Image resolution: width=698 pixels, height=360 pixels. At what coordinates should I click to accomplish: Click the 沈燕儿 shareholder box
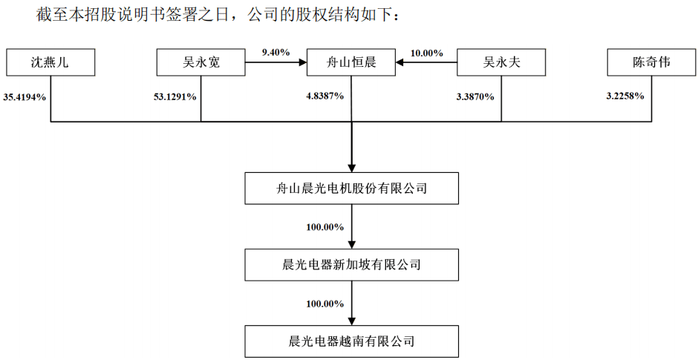click(x=50, y=63)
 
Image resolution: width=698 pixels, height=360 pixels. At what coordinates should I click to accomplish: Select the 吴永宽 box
click(x=201, y=63)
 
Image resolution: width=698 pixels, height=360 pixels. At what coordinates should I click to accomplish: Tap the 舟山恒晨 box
click(x=351, y=63)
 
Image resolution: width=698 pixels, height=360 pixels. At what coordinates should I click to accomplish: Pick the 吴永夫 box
click(x=501, y=63)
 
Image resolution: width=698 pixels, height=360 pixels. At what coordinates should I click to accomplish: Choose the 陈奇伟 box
click(x=651, y=63)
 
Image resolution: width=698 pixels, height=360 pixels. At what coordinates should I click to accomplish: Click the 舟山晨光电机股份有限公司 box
click(x=351, y=189)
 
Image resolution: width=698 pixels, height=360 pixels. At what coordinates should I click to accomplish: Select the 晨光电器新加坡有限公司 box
click(x=351, y=265)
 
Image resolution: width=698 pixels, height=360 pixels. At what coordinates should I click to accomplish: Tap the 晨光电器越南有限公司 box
click(x=351, y=341)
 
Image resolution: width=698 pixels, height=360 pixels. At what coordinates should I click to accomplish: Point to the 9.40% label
click(x=275, y=52)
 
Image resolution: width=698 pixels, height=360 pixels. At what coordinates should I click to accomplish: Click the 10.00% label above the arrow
click(x=426, y=53)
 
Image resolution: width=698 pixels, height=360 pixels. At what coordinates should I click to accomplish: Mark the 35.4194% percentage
click(x=25, y=96)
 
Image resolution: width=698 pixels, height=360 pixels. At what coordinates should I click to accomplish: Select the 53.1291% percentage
click(x=175, y=96)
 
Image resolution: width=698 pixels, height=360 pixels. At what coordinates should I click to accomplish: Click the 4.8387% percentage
click(x=325, y=96)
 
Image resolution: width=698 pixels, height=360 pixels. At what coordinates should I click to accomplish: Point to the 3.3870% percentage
click(x=475, y=96)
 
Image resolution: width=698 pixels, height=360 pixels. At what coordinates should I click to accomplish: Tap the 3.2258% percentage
click(x=625, y=96)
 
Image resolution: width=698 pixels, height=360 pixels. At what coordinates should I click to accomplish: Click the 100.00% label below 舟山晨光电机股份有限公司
click(x=324, y=227)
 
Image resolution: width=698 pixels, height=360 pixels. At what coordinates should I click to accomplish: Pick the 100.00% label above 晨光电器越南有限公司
click(x=324, y=304)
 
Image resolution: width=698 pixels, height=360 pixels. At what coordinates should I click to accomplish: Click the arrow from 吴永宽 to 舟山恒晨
click(x=275, y=64)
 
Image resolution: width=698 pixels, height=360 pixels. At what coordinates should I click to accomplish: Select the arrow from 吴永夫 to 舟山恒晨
click(x=426, y=64)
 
